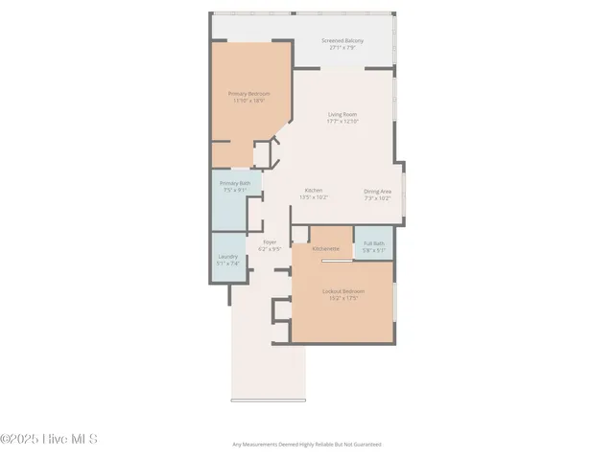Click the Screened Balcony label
(342, 40)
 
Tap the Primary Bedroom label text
(248, 93)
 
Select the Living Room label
(342, 115)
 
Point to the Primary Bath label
(234, 183)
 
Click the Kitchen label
(314, 191)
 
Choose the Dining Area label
(377, 192)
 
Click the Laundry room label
(227, 256)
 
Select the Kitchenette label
(325, 248)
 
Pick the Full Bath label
(373, 243)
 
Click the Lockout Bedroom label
(342, 291)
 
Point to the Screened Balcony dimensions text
(342, 47)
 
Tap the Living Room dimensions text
(342, 122)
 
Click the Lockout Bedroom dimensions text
(342, 298)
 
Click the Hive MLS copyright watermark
(49, 440)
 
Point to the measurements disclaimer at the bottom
(307, 445)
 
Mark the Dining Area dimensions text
(377, 198)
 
